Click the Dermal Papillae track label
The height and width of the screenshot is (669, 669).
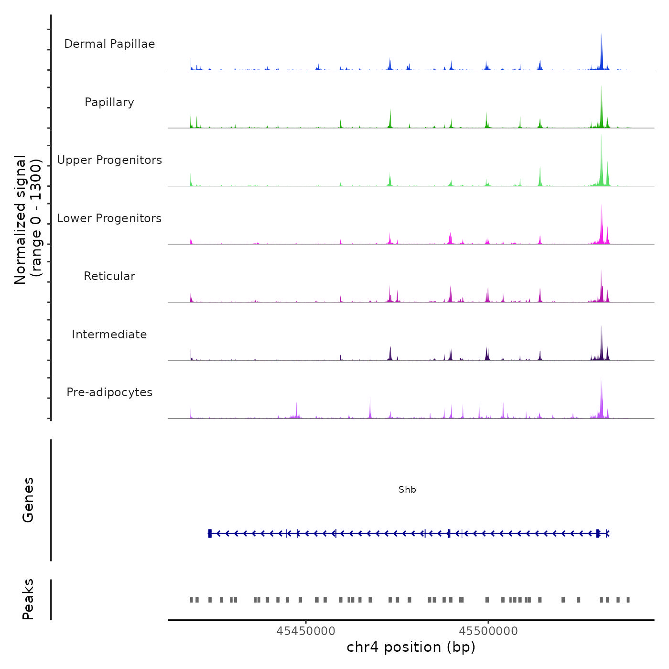(x=109, y=44)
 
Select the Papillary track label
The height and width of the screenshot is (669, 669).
(x=109, y=102)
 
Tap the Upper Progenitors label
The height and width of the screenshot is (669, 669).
(x=109, y=160)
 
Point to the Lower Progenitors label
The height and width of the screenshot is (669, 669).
(x=109, y=218)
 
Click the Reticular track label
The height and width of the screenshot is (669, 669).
(x=109, y=276)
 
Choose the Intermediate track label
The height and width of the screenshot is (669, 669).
(x=109, y=334)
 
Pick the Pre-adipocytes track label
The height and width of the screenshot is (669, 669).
(x=109, y=392)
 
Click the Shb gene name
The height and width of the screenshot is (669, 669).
(x=407, y=490)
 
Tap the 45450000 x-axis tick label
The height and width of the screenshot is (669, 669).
(x=306, y=631)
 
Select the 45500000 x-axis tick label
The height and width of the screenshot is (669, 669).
(x=488, y=631)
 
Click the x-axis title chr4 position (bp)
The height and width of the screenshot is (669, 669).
(x=411, y=647)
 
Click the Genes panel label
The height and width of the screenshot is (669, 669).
(x=28, y=500)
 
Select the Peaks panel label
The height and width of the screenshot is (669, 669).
(x=28, y=599)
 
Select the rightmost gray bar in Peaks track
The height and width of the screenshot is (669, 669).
(x=628, y=600)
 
